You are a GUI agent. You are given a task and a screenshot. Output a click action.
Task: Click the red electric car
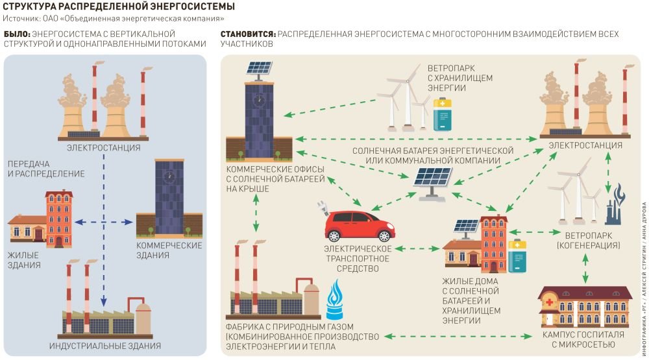358,227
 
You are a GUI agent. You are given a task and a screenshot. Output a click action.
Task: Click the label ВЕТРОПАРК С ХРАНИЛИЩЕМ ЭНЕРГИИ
459,78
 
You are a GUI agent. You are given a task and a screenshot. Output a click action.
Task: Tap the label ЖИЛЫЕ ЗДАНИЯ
25,260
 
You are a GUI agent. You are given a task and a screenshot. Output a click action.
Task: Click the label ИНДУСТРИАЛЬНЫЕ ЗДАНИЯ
104,346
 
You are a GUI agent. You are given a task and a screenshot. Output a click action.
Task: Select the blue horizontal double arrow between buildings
104,222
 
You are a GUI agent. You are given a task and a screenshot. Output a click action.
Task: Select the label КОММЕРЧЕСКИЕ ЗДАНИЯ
169,250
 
